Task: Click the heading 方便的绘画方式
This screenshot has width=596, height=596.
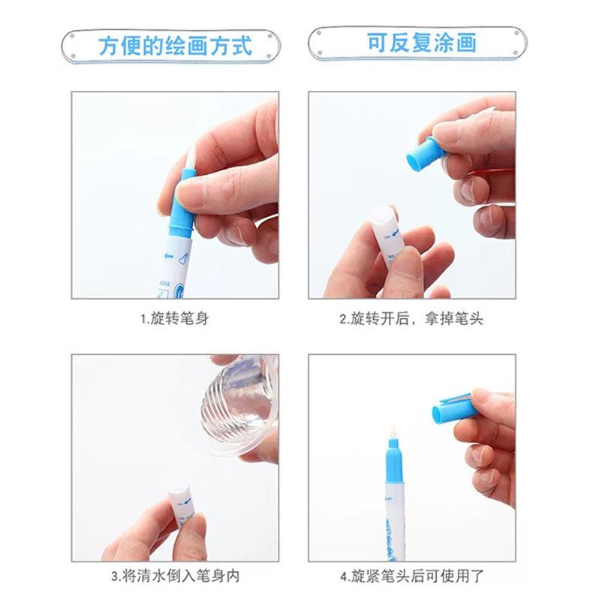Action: [175, 46]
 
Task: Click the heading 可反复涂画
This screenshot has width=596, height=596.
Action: [422, 42]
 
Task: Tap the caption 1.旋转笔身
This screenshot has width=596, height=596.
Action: [175, 318]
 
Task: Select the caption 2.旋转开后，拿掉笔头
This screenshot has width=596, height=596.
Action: [411, 318]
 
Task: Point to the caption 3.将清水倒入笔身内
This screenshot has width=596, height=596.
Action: [175, 576]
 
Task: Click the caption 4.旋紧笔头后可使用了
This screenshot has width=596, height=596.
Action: [412, 576]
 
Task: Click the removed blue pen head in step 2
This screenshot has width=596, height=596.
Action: [425, 154]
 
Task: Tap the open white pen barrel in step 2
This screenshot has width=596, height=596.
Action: [389, 236]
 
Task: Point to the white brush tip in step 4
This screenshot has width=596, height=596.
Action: [393, 432]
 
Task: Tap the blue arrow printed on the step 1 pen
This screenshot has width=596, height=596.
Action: [169, 255]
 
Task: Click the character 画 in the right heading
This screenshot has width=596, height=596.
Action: [466, 42]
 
